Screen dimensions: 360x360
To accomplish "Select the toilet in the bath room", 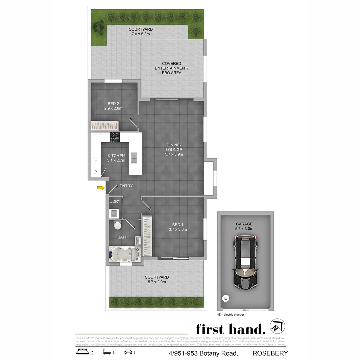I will click(x=118, y=226).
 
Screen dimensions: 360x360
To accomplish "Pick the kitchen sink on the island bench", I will click(x=134, y=158).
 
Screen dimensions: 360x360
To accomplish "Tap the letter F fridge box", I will click(x=96, y=162).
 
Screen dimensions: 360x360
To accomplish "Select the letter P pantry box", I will click(x=96, y=172).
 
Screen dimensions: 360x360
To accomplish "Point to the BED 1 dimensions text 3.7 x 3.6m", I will click(x=178, y=229).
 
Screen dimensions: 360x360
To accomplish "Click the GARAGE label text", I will click(x=244, y=224).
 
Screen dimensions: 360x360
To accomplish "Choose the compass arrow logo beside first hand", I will click(x=277, y=327).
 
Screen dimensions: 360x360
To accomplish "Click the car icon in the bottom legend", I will click(x=128, y=352).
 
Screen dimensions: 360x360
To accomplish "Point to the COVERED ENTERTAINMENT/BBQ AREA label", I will click(x=172, y=68).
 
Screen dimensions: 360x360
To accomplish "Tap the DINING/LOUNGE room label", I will click(x=174, y=150).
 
